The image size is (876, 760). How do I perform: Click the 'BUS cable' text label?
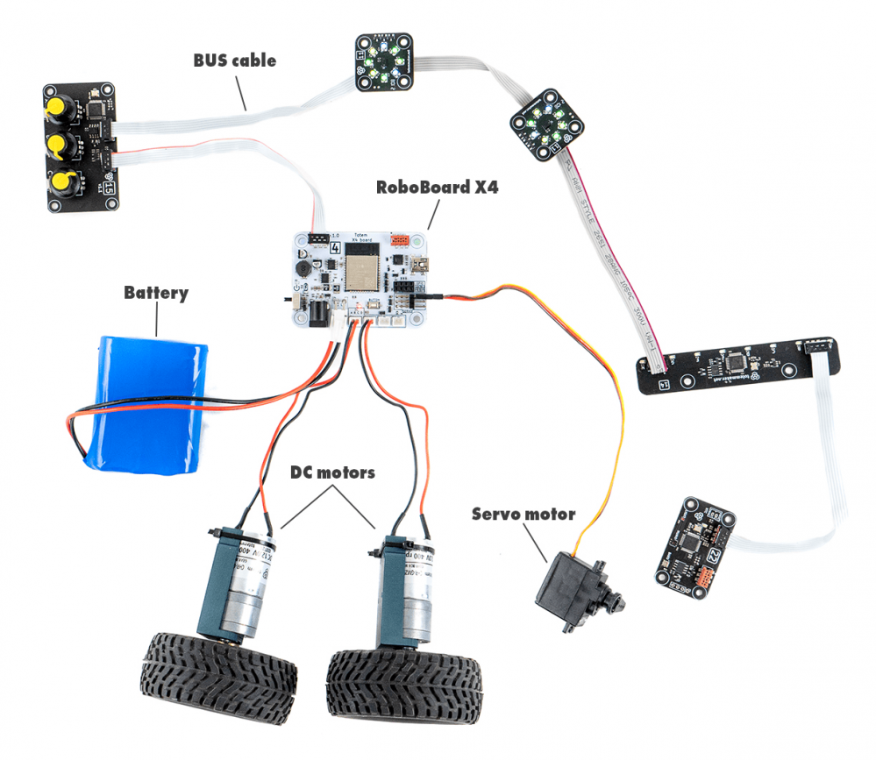234,60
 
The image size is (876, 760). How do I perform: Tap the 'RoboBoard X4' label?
437,187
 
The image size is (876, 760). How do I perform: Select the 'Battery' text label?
155,292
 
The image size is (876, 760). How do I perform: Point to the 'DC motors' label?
332,472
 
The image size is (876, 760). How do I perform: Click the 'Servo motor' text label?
523,514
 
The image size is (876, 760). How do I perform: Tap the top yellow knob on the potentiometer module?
61,108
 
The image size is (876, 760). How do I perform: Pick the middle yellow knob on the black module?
61,145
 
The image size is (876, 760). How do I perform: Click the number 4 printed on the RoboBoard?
333,248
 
